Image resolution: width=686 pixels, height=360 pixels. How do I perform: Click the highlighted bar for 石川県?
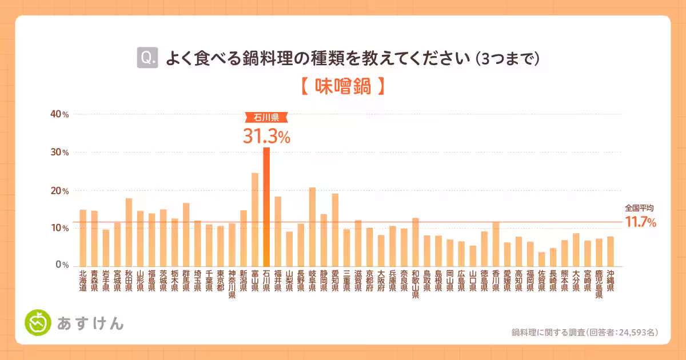pyautogui.click(x=266, y=206)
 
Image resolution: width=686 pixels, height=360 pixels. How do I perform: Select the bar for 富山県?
pyautogui.click(x=255, y=219)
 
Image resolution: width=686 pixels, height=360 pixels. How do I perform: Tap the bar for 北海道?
pyautogui.click(x=83, y=238)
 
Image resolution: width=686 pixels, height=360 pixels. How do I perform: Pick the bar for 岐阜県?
pyautogui.click(x=312, y=226)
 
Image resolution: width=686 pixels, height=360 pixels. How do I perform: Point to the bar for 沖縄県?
pyautogui.click(x=611, y=251)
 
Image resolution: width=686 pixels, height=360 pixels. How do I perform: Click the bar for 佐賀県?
pyautogui.click(x=541, y=259)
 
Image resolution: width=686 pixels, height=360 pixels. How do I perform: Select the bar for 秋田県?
pyautogui.click(x=129, y=232)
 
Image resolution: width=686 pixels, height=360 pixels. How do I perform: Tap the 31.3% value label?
pyautogui.click(x=266, y=136)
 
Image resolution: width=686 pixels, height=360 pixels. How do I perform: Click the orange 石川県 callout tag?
pyautogui.click(x=266, y=118)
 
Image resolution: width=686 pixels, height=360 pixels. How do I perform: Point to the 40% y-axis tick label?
pyautogui.click(x=59, y=114)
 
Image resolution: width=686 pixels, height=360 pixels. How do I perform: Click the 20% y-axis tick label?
pyautogui.click(x=59, y=190)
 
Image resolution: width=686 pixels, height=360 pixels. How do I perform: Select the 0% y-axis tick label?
pyautogui.click(x=62, y=266)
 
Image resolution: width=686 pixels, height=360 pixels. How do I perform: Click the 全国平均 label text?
pyautogui.click(x=639, y=209)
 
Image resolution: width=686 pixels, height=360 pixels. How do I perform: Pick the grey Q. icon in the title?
pyautogui.click(x=147, y=58)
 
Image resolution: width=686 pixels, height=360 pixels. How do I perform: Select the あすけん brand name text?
pyautogui.click(x=90, y=323)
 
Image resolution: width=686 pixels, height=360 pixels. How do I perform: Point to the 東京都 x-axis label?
pyautogui.click(x=221, y=281)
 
